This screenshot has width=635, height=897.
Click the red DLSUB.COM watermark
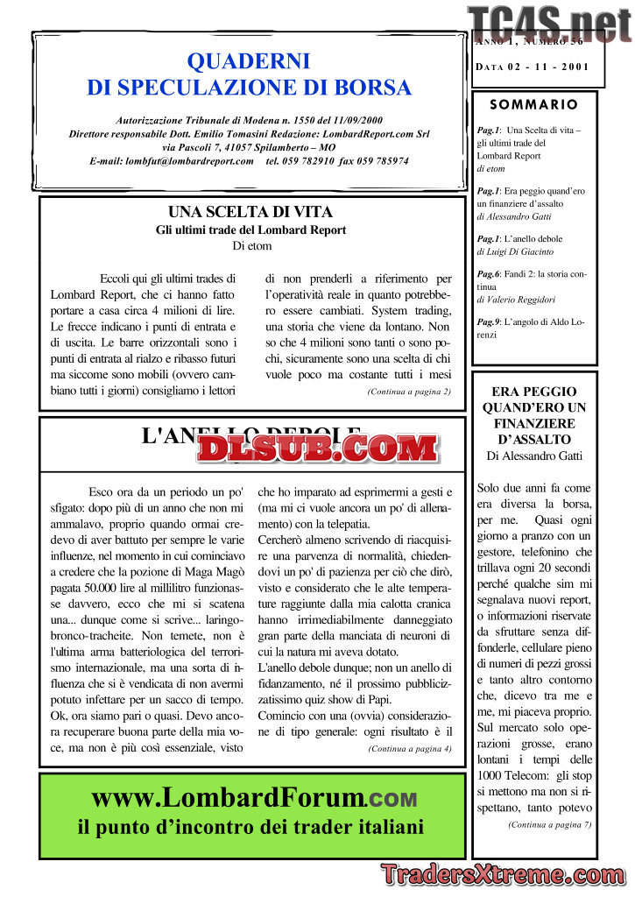coord(317,449)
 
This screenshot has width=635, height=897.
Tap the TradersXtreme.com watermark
coord(503,873)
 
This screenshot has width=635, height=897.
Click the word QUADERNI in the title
coord(249,61)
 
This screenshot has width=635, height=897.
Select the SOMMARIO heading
coord(534,104)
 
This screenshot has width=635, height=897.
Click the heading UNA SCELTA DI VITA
coord(250,212)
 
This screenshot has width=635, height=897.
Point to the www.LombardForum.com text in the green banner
coord(254,798)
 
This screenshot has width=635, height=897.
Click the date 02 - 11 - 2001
coord(546,67)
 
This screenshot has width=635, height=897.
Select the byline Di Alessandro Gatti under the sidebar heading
coord(534,456)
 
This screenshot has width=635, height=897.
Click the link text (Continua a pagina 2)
coord(409,392)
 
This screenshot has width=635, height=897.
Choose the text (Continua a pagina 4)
coord(410,748)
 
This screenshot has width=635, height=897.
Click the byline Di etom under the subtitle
coord(251,246)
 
